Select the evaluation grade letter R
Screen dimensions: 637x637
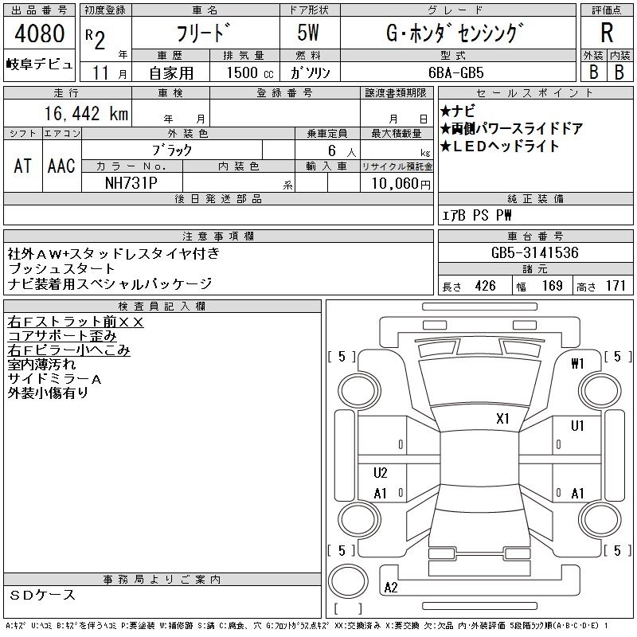point(606,34)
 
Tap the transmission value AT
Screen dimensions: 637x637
point(22,166)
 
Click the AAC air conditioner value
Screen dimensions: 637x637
point(61,166)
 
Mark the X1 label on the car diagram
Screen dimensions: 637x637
point(502,418)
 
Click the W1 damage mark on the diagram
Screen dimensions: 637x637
point(578,364)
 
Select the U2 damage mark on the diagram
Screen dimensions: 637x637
point(380,473)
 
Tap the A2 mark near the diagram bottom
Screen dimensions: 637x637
point(390,588)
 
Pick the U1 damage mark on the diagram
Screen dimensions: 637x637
point(577,425)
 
